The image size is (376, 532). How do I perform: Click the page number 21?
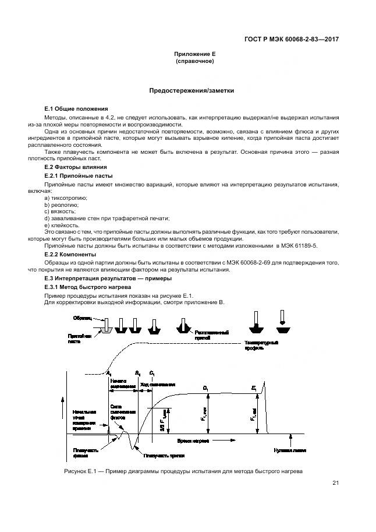pyautogui.click(x=336, y=483)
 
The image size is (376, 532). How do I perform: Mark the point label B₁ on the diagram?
pyautogui.click(x=137, y=372)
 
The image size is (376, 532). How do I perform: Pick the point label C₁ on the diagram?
pyautogui.click(x=152, y=372)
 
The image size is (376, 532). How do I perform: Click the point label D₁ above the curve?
pyautogui.click(x=206, y=387)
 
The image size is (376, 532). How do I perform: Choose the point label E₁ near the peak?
pyautogui.click(x=254, y=387)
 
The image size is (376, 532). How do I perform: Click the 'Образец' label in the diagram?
pyautogui.click(x=81, y=318)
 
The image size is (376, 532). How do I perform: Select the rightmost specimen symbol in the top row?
pyautogui.click(x=282, y=326)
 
